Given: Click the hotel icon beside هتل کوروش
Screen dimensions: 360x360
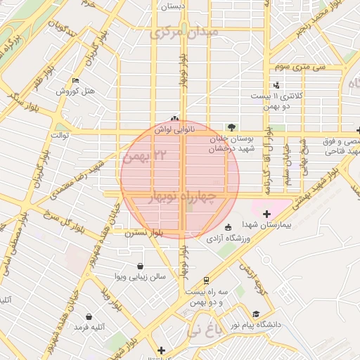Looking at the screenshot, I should (77, 81).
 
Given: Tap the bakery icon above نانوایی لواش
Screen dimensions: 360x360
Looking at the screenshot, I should (175, 119).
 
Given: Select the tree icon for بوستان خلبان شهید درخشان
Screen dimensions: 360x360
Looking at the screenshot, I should (233, 126).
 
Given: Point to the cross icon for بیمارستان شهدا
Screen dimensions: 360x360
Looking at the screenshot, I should (266, 214).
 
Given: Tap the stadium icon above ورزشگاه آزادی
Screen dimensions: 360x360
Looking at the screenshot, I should (227, 227).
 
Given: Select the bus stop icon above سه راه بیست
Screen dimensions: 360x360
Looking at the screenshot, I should (206, 279).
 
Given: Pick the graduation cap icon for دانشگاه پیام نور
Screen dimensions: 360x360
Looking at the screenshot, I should (256, 314).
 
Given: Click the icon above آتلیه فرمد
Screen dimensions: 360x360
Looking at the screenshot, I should (89, 316).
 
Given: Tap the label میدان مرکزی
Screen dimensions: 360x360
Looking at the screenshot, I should (184, 32).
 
